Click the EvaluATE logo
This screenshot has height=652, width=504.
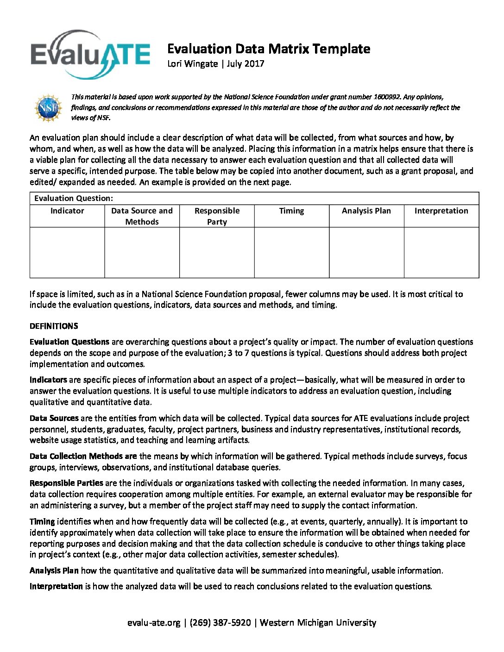coord(90,54)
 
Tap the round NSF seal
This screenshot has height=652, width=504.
coord(48,108)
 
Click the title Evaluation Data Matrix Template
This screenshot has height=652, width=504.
coord(268,49)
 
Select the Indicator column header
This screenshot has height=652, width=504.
coord(67,211)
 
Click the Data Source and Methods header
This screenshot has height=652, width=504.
coord(142,216)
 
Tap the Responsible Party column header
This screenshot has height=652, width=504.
coord(217,216)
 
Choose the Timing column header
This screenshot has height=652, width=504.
coord(291,211)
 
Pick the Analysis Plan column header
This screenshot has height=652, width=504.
coord(366,211)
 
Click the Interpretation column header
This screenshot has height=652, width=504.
coord(441,211)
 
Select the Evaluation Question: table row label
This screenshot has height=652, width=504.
coord(74,199)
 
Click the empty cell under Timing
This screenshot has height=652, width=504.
coord(291,252)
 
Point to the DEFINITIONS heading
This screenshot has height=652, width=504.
coord(54,326)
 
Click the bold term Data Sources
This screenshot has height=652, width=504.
coord(54,418)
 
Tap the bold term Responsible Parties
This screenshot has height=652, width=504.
coord(66,483)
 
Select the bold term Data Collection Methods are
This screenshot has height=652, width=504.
coord(83,456)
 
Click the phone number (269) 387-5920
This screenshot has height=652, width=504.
coord(220,623)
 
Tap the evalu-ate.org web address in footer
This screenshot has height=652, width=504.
coord(154,623)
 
